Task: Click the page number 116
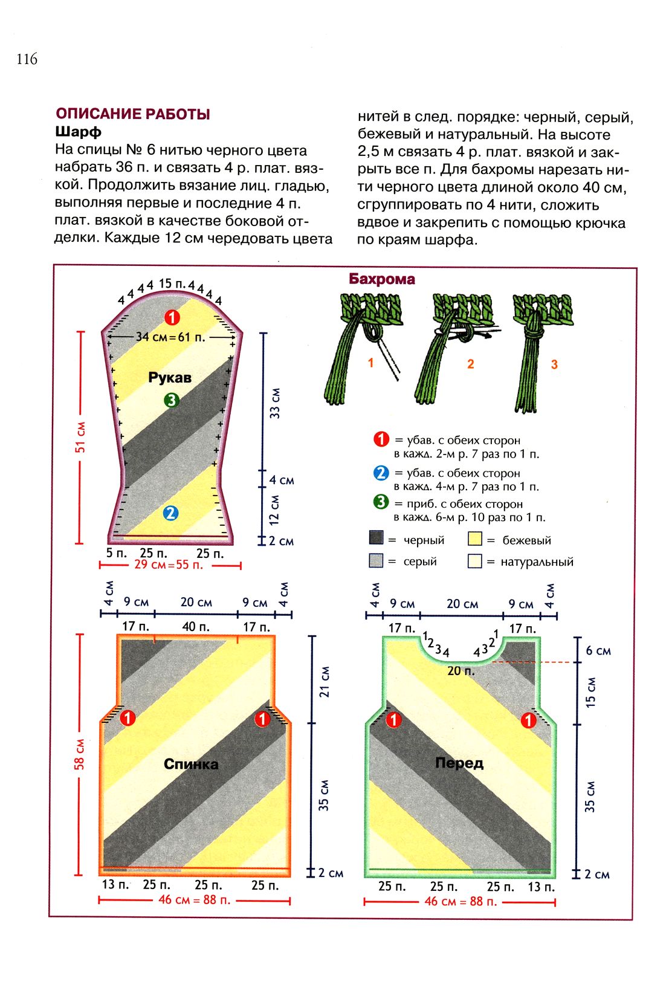[x=27, y=59]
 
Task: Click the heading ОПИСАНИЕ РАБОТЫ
[x=133, y=114]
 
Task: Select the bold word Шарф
[x=78, y=131]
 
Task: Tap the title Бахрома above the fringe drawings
[x=382, y=279]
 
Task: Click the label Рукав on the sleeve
[x=170, y=378]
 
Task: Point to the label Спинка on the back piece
[x=191, y=764]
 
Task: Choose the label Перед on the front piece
[x=459, y=763]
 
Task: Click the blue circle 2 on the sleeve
[x=171, y=513]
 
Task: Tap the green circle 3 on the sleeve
[x=172, y=400]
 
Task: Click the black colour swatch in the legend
[x=376, y=538]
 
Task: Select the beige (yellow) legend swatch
[x=474, y=539]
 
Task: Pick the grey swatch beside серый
[x=376, y=561]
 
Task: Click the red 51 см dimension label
[x=80, y=437]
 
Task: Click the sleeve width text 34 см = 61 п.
[x=170, y=337]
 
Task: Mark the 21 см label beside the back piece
[x=325, y=682]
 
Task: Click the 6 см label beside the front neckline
[x=598, y=651]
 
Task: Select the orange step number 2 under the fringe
[x=470, y=364]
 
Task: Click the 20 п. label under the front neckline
[x=461, y=670]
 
